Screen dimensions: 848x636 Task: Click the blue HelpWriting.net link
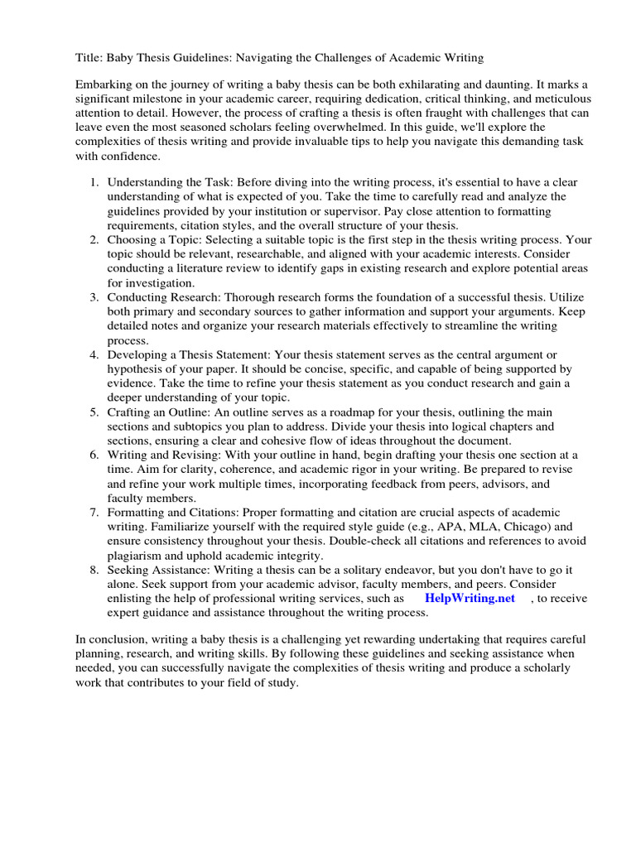point(469,598)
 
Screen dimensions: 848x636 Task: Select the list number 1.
point(94,182)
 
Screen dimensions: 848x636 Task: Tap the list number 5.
point(94,412)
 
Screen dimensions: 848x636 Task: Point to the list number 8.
point(94,570)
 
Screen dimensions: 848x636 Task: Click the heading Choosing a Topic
point(154,239)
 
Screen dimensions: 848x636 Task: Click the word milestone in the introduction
point(165,99)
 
